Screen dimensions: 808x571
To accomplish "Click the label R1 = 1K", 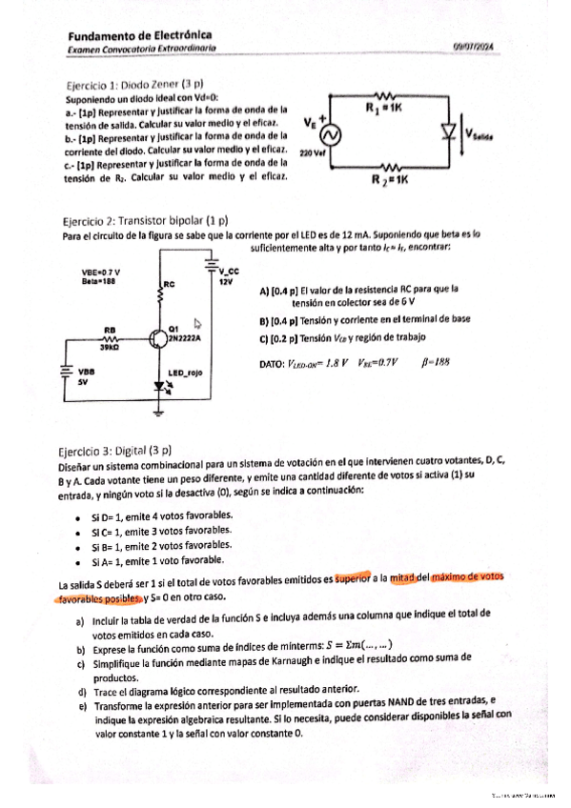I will tap(383, 108).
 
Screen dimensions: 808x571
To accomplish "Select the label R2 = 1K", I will tap(388, 179).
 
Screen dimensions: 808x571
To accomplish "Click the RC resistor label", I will tap(170, 284).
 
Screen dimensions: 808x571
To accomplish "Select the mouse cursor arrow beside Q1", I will tap(196, 324).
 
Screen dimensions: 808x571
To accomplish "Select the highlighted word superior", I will tap(350, 577).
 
